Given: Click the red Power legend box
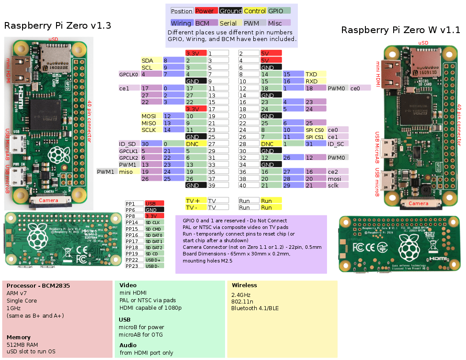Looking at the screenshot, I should pos(205,11).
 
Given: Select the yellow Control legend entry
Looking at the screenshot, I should pos(255,11).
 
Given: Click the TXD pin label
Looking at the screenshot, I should pos(315,75).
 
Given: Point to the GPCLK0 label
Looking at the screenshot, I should pos(129,75).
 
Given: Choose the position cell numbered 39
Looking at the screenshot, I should pos(218,185).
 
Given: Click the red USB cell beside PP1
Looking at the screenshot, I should pos(154,203).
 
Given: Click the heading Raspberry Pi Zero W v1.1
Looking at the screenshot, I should pos(401,30).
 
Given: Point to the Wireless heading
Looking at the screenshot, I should pos(244,285).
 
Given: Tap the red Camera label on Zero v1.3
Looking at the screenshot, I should pos(49,200).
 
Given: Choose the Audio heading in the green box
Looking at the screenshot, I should pos(128,345).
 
